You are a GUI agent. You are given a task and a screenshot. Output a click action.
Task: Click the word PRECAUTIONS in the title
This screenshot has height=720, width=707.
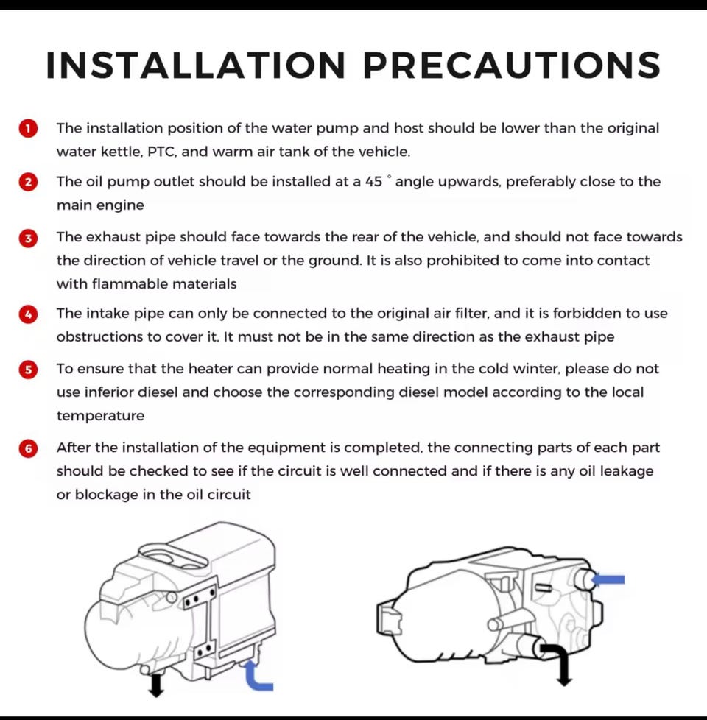[x=512, y=65]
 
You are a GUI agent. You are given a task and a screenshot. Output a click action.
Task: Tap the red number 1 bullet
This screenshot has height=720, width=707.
[x=28, y=129]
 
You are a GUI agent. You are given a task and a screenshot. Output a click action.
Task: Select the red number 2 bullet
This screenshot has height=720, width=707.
[x=28, y=182]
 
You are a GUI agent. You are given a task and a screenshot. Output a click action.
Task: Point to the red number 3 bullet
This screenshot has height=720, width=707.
[x=28, y=238]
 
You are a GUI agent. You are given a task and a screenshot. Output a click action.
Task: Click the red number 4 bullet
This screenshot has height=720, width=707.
[x=28, y=314]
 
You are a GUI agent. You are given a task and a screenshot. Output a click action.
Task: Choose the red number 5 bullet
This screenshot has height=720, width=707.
[x=28, y=369]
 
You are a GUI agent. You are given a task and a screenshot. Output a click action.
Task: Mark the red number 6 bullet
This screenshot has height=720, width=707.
[x=28, y=448]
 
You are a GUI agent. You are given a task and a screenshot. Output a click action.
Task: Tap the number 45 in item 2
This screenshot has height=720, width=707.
[x=374, y=182]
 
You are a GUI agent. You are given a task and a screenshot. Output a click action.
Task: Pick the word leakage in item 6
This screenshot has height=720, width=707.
[x=627, y=472]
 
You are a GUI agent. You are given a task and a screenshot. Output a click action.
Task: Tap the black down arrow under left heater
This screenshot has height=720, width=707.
[x=156, y=685]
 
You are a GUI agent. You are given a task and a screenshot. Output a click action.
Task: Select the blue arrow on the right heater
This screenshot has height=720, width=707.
[x=608, y=579]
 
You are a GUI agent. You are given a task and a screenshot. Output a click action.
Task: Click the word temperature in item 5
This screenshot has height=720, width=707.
[x=101, y=416]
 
